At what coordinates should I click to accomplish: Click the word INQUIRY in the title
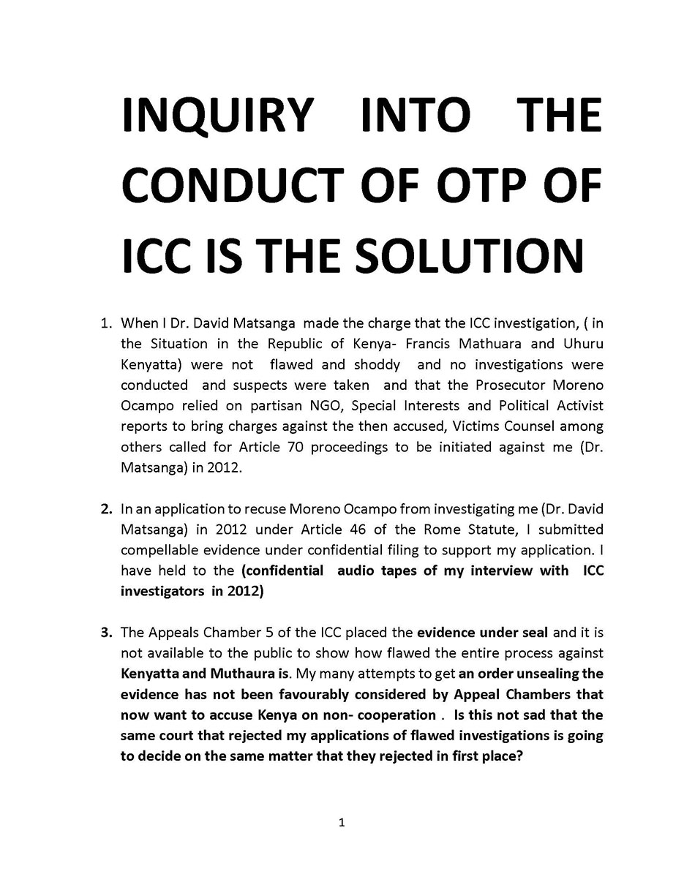pos(217,116)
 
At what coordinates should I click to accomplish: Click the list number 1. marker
pos(107,323)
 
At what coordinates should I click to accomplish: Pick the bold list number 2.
pos(107,508)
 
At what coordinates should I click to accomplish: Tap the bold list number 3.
pos(107,632)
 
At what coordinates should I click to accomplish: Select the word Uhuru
pos(583,343)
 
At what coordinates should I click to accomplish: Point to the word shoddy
pos(377,364)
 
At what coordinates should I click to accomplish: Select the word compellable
pos(159,549)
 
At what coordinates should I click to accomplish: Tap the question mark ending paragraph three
pos(519,756)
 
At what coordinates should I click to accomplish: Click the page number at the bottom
pos(342,823)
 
